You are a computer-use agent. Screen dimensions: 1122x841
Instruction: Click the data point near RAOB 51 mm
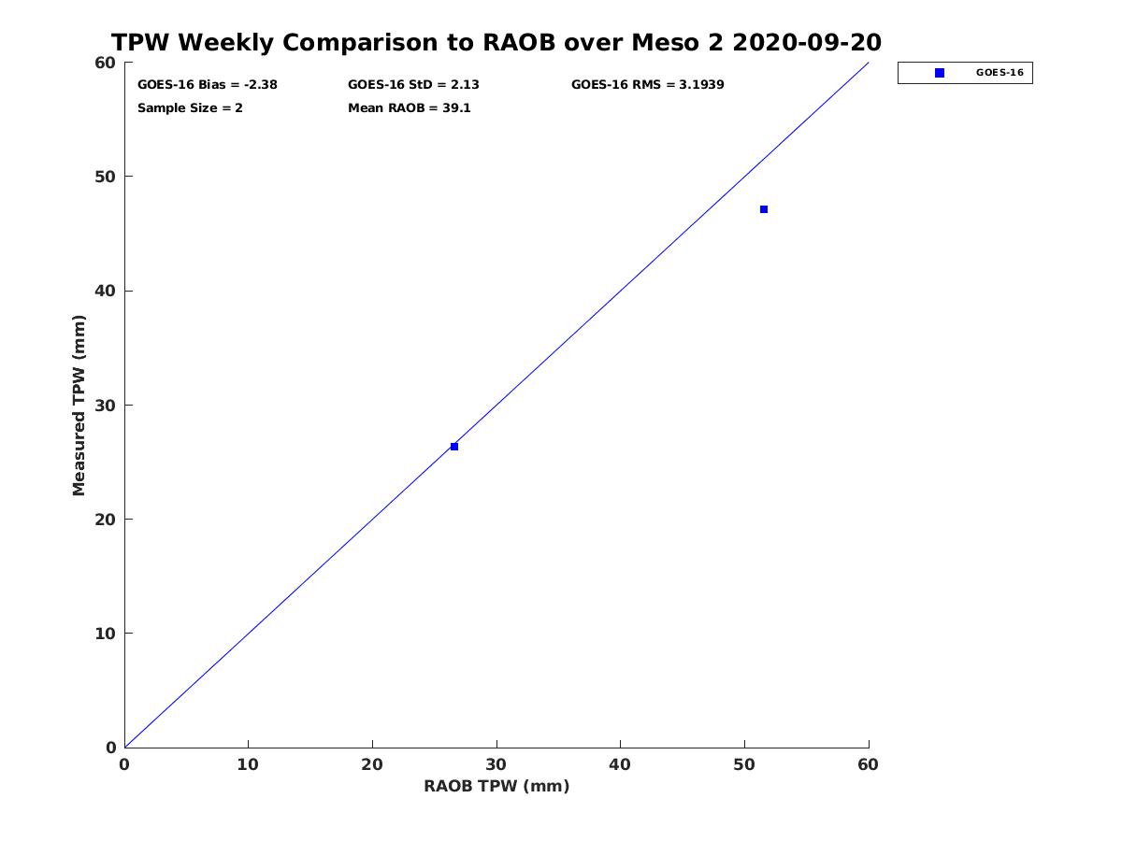coord(764,209)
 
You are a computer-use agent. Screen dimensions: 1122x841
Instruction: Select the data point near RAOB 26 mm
coord(453,447)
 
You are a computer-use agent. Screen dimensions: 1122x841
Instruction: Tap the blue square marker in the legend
coord(940,73)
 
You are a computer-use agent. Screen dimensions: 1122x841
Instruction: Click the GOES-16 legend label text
coord(1000,73)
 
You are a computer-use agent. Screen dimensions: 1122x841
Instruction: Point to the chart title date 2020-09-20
coord(807,42)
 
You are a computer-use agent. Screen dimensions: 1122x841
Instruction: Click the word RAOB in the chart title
coord(519,42)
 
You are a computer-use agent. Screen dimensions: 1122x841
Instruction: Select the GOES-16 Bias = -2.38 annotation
coord(208,85)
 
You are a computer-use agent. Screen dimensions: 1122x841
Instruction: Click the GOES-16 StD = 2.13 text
coord(413,85)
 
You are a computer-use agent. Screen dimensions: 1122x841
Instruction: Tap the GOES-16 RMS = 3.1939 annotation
coord(648,85)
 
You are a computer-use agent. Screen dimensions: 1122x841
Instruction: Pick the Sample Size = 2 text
coord(190,108)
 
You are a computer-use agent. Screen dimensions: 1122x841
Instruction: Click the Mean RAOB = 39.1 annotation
coord(410,108)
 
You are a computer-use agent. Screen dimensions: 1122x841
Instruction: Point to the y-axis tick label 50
coord(106,177)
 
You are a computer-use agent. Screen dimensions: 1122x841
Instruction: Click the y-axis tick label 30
coord(106,406)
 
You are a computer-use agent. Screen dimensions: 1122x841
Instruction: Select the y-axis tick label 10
coord(106,634)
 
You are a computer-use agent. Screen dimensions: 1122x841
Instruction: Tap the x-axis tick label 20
coord(372,764)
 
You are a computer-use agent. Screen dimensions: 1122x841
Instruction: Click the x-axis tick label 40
coord(620,764)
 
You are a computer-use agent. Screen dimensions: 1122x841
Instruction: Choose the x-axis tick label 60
coord(868,764)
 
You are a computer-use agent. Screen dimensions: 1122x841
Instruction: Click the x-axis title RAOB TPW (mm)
coord(496,786)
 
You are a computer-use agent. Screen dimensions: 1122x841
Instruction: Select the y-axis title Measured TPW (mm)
coord(79,406)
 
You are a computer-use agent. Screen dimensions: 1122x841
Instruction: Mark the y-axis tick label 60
coord(106,63)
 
